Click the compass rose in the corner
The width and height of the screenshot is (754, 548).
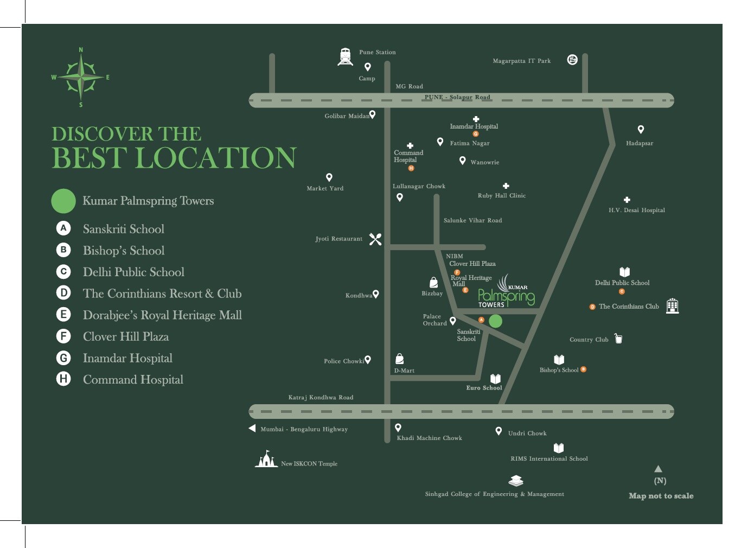(x=81, y=77)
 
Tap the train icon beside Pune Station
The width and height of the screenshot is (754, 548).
(x=345, y=56)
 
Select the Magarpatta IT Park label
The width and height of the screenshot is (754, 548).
(x=521, y=61)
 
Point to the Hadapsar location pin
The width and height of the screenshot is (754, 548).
(x=641, y=129)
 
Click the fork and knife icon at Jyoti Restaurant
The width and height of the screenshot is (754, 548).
(x=375, y=239)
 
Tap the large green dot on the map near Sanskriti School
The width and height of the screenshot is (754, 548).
(x=495, y=321)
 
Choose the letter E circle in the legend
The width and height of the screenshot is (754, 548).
(x=63, y=315)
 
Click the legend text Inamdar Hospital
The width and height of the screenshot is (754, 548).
(x=127, y=358)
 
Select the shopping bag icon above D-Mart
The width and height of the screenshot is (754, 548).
(x=400, y=359)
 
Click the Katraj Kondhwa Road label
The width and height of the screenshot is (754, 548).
(x=321, y=397)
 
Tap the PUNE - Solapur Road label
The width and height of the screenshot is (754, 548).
(x=457, y=97)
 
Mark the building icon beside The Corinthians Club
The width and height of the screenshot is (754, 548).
(x=672, y=305)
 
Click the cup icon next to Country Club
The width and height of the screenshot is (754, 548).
(x=618, y=339)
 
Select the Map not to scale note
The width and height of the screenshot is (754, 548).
(x=661, y=495)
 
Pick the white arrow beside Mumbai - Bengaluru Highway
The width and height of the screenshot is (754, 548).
(x=252, y=429)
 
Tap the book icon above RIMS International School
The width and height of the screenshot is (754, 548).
(x=559, y=448)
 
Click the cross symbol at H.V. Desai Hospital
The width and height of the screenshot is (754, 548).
(x=627, y=200)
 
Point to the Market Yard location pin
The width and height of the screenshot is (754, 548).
(x=329, y=177)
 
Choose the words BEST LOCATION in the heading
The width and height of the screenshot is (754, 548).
(x=174, y=157)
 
